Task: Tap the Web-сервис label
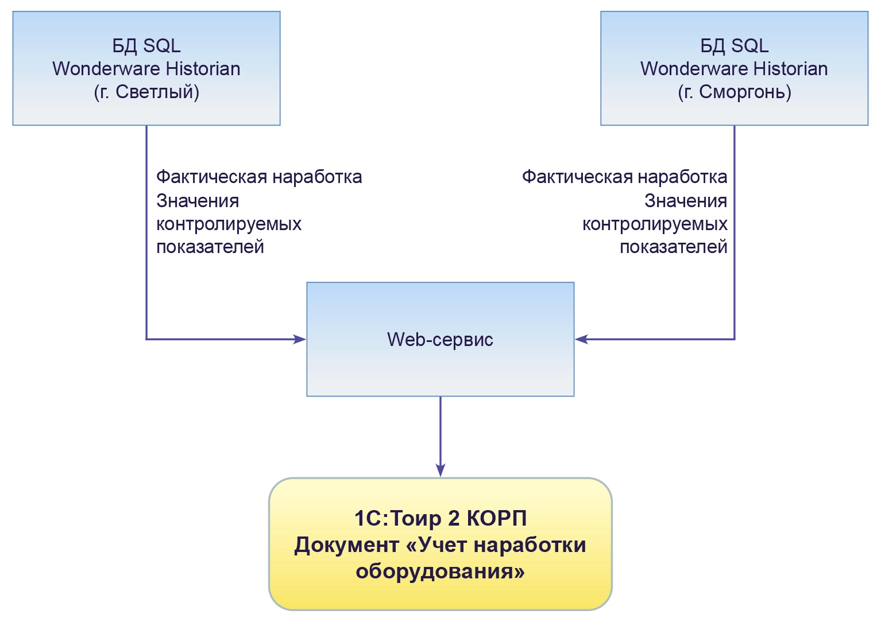click(x=440, y=339)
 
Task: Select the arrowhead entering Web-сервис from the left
click(x=300, y=339)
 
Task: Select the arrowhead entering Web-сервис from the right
click(x=582, y=339)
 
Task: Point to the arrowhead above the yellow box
click(x=440, y=470)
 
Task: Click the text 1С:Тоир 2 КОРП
click(x=440, y=518)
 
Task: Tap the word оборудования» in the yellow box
click(x=440, y=571)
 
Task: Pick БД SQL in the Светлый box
click(x=146, y=45)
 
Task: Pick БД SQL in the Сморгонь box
click(x=734, y=45)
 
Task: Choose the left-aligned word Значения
click(x=198, y=201)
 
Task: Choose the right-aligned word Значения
click(x=686, y=201)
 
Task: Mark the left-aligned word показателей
click(x=210, y=247)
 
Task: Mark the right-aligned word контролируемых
click(x=655, y=224)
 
